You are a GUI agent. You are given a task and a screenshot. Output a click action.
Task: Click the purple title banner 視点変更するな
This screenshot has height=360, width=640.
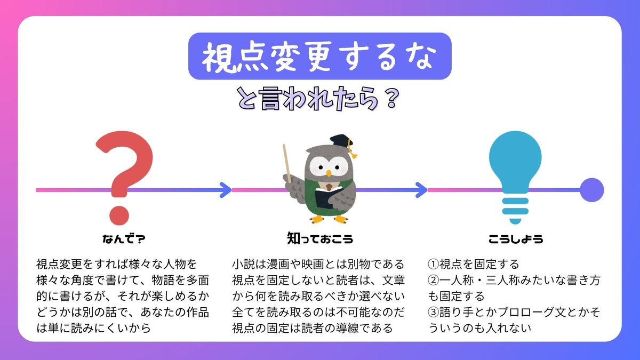(x=319, y=56)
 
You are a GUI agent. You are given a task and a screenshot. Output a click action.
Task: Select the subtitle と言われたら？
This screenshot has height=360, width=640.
(x=318, y=99)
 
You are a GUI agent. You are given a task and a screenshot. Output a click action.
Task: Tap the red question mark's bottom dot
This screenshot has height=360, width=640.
(x=119, y=215)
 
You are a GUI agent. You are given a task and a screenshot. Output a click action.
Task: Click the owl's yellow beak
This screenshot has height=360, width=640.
(x=329, y=173)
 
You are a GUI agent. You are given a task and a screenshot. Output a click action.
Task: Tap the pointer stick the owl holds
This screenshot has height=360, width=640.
(x=287, y=163)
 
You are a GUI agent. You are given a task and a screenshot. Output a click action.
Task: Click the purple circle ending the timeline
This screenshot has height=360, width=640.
(x=591, y=190)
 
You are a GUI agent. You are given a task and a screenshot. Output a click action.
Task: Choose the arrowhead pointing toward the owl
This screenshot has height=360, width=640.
(x=226, y=190)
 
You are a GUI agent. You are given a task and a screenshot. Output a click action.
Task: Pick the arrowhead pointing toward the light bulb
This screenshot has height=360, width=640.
(x=421, y=190)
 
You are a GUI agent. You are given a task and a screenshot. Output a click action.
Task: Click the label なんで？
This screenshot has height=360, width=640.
(x=124, y=239)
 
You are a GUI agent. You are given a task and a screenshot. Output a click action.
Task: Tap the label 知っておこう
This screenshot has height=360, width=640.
(x=320, y=238)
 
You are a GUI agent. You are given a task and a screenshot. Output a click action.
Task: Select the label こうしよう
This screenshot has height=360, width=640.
(x=516, y=239)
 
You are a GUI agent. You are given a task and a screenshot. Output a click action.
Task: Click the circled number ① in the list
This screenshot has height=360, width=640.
(x=433, y=264)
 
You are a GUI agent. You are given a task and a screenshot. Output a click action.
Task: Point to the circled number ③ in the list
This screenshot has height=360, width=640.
(x=433, y=312)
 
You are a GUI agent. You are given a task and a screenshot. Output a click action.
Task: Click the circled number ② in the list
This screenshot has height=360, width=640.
(x=433, y=280)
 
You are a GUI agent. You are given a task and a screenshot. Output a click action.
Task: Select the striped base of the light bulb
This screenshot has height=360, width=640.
(x=515, y=211)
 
